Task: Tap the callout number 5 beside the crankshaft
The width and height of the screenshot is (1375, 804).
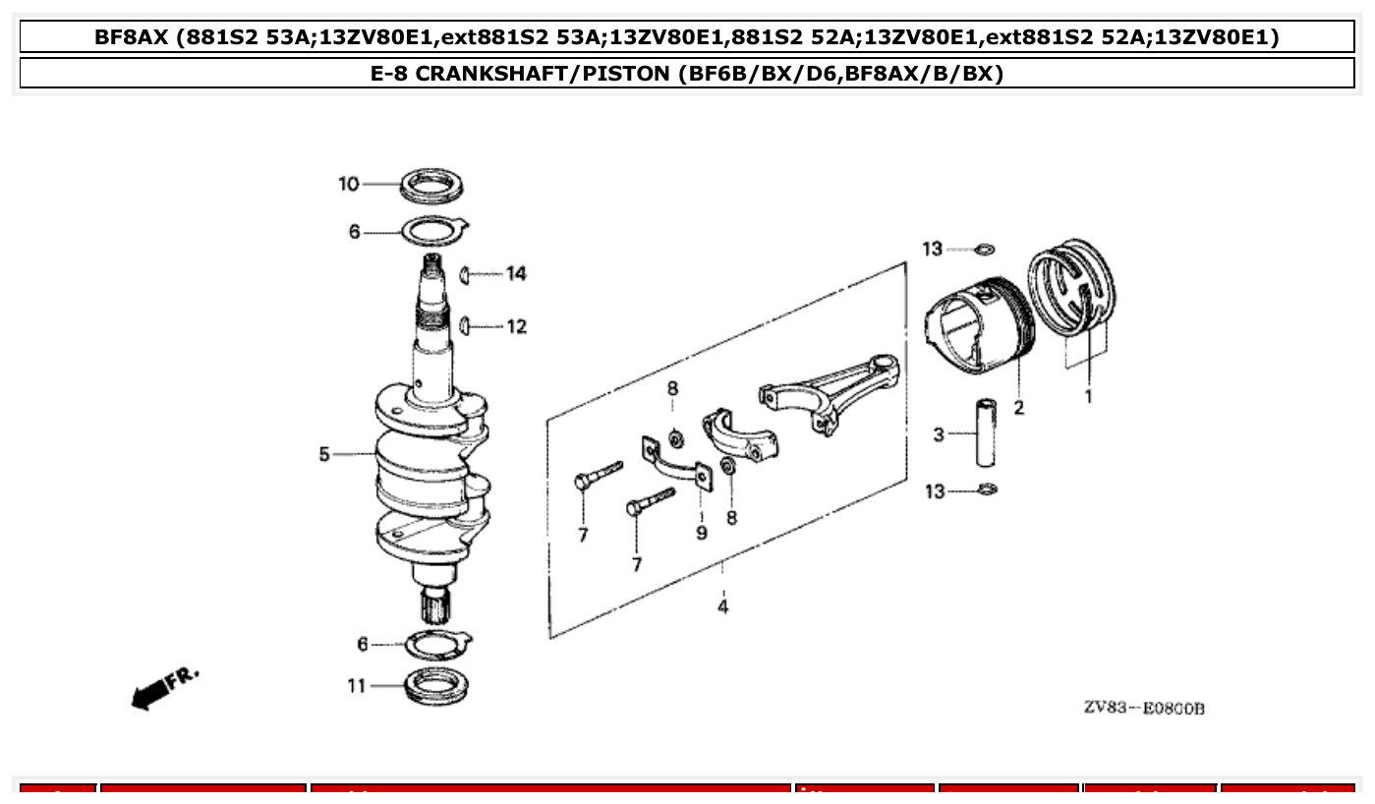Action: point(324,454)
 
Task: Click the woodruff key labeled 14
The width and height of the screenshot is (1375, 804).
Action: point(467,274)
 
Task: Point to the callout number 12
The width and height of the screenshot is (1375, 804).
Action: point(517,326)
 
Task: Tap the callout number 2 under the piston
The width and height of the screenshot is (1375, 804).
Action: point(1019,407)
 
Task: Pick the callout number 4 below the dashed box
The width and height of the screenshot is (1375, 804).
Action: point(723,606)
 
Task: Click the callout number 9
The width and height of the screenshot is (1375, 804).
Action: point(702,533)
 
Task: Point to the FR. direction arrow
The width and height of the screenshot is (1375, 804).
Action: point(163,688)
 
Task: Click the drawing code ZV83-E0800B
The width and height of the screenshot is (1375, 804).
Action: point(1144,709)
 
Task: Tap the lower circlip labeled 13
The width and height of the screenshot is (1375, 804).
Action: point(987,489)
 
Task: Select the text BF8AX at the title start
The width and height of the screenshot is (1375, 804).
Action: point(133,38)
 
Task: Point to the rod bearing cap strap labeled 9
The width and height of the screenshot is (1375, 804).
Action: point(676,464)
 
